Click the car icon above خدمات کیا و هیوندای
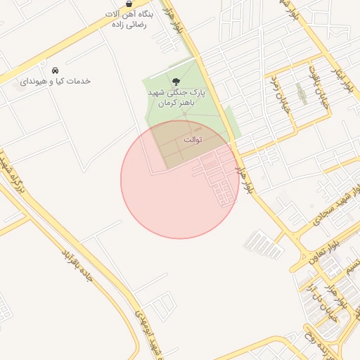[x=54, y=70]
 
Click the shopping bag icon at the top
[x=127, y=4]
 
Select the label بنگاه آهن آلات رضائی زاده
[x=128, y=19]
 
